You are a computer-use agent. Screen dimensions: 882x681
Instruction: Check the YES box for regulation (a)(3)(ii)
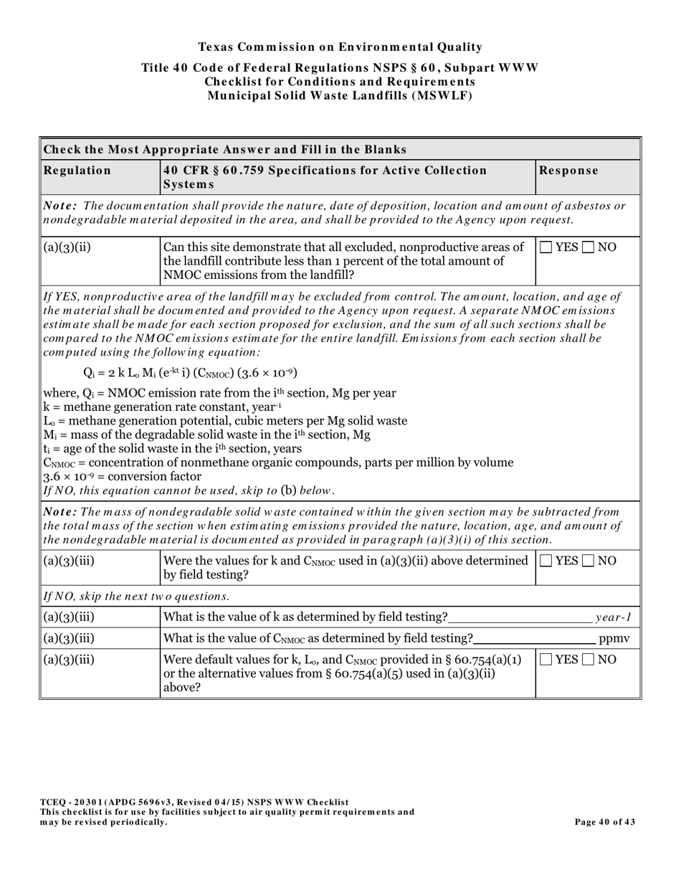546,247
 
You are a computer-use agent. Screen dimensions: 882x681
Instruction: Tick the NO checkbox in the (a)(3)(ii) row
588,247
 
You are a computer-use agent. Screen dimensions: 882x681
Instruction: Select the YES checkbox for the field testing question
546,561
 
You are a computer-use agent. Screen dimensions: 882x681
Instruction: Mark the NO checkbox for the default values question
588,660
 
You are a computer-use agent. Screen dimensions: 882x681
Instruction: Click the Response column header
568,171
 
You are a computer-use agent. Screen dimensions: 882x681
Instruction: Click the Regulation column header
77,171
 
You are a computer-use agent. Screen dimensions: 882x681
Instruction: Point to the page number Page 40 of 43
604,822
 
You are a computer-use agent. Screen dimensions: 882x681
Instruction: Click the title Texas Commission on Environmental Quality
340,47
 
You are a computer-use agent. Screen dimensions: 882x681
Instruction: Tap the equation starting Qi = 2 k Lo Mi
190,373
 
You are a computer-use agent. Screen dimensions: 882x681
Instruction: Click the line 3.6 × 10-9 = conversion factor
123,476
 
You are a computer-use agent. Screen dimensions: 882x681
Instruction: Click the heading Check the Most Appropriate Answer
225,150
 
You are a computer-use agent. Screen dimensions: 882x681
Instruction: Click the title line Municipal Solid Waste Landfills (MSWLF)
340,95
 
